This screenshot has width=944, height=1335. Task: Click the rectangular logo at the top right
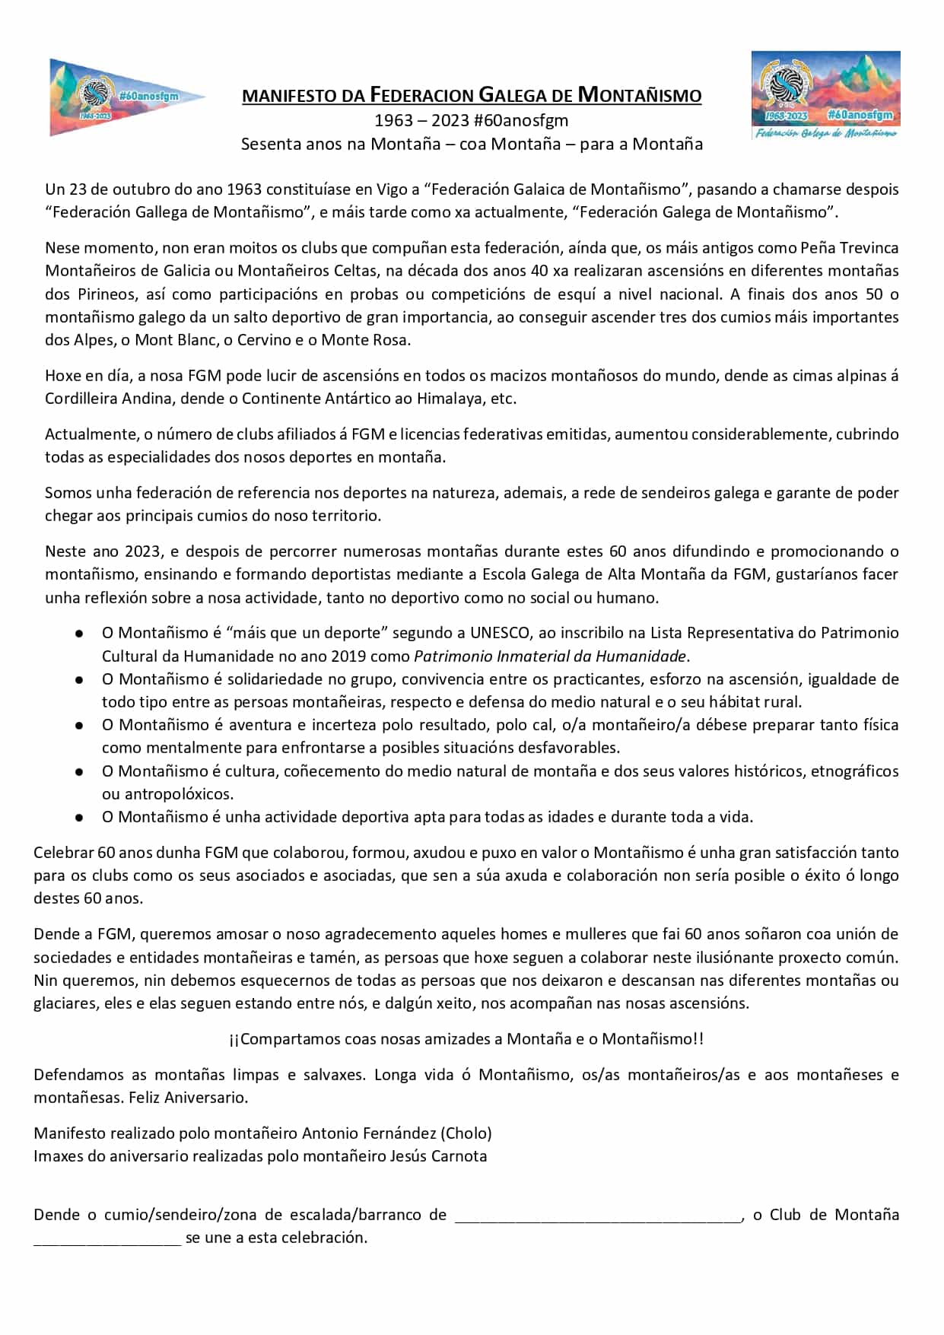[825, 94]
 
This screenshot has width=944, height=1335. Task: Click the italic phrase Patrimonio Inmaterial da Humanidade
[550, 656]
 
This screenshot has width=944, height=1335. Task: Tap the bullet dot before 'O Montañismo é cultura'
[79, 771]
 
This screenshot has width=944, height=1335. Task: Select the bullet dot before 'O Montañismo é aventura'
[79, 725]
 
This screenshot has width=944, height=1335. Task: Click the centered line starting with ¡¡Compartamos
[466, 1038]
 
